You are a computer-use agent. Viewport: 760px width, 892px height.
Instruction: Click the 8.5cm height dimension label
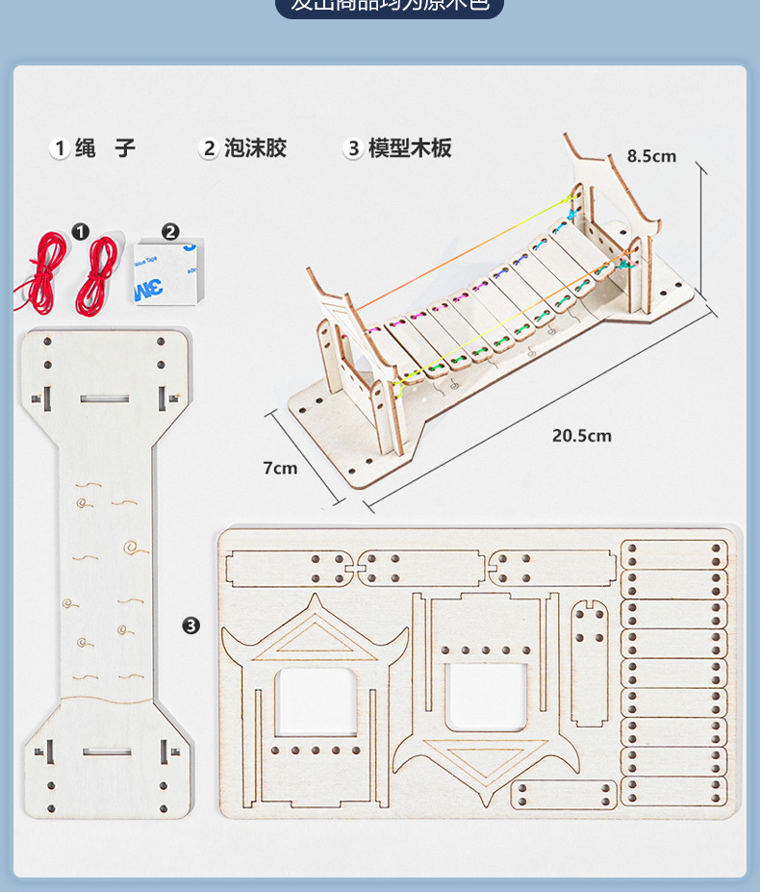click(651, 156)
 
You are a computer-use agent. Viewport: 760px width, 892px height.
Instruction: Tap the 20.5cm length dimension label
click(581, 436)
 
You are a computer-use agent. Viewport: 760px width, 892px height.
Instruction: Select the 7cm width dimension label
click(280, 469)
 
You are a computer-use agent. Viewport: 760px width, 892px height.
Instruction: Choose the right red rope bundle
click(97, 275)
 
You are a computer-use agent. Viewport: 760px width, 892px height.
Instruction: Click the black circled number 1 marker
click(81, 232)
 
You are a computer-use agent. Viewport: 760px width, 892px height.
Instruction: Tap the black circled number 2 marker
click(170, 232)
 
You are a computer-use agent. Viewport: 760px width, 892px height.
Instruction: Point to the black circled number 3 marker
click(191, 626)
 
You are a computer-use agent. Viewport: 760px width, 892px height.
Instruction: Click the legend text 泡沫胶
click(255, 148)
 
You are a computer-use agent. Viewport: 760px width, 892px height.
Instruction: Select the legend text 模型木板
click(409, 148)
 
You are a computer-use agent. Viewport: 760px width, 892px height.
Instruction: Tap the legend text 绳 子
click(105, 148)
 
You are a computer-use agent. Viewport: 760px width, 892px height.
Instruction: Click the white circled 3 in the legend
click(353, 148)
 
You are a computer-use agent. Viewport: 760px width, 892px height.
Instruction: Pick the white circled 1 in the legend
click(59, 148)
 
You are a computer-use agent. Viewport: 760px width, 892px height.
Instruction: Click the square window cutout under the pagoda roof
click(315, 701)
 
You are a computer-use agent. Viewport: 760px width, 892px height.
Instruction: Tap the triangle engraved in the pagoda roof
click(315, 638)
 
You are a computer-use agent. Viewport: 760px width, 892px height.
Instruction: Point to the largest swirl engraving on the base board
click(136, 548)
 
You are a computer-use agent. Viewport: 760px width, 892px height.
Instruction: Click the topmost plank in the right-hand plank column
click(673, 555)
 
